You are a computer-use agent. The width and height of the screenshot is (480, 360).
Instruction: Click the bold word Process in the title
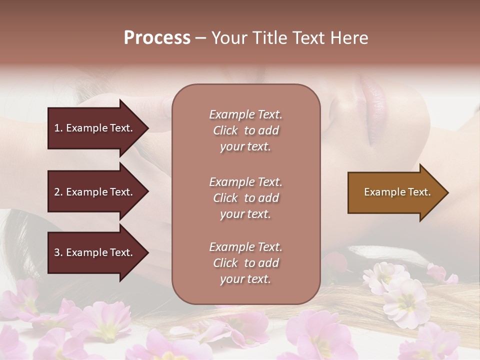point(157,38)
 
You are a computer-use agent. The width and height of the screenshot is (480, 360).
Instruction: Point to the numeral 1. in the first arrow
point(58,128)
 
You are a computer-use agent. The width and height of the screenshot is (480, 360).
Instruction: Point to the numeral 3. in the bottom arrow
point(58,252)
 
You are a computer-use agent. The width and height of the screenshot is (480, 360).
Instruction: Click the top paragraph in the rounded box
point(245,130)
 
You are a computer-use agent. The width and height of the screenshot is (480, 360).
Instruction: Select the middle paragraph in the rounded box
point(245,198)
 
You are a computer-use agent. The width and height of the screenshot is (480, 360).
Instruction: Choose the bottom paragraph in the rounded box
point(245,263)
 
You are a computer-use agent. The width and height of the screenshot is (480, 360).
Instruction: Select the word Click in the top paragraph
point(225,130)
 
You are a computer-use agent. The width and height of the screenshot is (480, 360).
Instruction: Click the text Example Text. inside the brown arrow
point(397,192)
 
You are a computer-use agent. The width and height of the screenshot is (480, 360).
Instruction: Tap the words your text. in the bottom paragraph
point(245,279)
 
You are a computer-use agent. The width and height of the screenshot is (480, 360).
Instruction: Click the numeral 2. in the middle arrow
point(58,192)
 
